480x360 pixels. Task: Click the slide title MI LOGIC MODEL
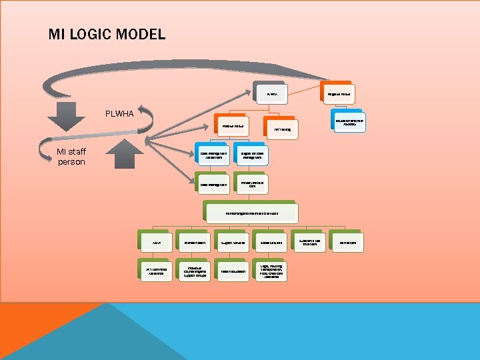pyautogui.click(x=107, y=34)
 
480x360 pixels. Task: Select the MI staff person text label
pyautogui.click(x=71, y=157)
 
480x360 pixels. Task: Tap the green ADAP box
pyautogui.click(x=155, y=243)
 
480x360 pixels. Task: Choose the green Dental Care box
pyautogui.click(x=348, y=242)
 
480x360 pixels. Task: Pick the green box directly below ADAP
pyautogui.click(x=155, y=271)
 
